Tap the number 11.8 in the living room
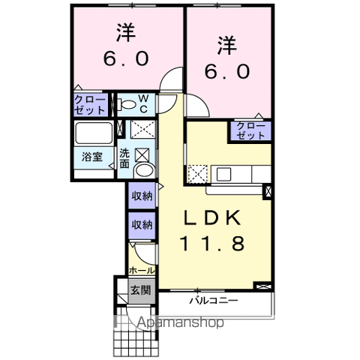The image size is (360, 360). click(x=212, y=244)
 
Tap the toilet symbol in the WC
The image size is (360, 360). click(x=128, y=104)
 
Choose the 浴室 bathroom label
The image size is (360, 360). click(x=92, y=157)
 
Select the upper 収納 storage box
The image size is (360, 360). click(x=142, y=197)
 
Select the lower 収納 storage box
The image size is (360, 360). click(x=142, y=224)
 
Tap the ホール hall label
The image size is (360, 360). click(x=142, y=270)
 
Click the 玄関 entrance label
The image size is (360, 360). click(x=140, y=289)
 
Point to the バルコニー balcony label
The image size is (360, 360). click(x=213, y=301)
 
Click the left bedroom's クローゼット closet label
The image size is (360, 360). click(x=91, y=104)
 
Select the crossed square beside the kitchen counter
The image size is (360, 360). click(x=197, y=173)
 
